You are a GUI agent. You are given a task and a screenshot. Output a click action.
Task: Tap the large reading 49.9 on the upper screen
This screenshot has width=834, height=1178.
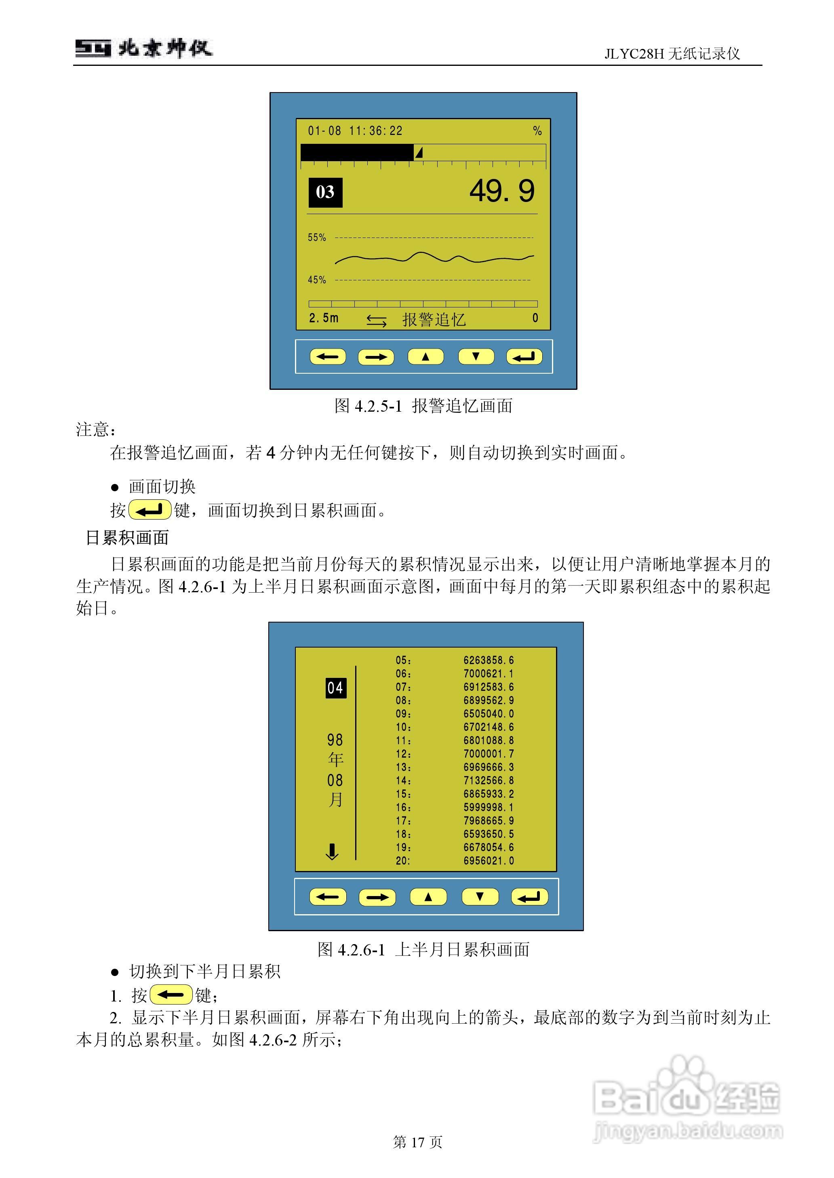point(502,191)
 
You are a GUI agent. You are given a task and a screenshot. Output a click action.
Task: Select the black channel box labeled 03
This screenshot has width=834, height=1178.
point(325,192)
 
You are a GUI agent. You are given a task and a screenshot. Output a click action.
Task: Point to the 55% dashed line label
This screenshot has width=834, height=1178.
point(317,238)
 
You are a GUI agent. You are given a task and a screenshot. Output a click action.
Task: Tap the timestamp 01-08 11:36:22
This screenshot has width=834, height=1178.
point(355,131)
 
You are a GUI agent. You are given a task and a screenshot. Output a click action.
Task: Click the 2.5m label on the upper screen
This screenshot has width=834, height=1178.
point(324,318)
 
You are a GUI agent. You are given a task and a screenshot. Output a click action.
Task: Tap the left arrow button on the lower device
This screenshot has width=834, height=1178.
point(328,897)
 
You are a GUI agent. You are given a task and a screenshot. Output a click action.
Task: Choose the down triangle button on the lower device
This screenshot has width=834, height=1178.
point(480,897)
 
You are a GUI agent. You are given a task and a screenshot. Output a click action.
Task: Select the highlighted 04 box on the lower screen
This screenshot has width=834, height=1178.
point(336,688)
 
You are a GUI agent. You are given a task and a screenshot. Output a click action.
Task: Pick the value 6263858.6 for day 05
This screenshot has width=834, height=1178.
point(489,661)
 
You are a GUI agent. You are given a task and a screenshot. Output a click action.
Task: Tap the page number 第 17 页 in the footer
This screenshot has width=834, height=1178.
point(417,1142)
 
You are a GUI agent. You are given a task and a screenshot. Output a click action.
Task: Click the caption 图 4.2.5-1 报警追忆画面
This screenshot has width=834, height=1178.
point(423,406)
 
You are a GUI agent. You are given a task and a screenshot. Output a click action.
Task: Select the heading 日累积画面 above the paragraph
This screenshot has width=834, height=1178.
point(127,538)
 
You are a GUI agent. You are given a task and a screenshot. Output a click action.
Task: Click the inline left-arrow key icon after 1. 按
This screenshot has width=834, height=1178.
point(171,995)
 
